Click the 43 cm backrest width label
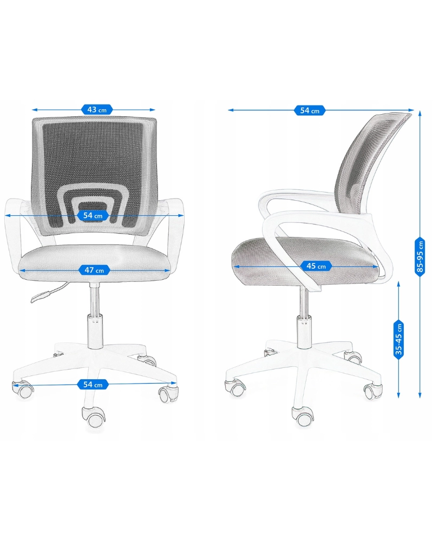coord(97,110)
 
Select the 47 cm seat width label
coord(95,270)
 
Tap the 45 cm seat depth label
coord(316,266)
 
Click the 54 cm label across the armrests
coord(93,216)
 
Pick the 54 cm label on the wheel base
coord(93,384)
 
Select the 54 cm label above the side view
coord(310,110)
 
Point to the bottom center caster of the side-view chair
coord(303,416)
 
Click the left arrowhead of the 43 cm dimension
coord(35,110)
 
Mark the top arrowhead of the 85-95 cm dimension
coord(420,113)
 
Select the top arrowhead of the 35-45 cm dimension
coord(399,283)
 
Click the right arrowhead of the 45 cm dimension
coord(376,266)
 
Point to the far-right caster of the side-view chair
coord(373,391)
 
